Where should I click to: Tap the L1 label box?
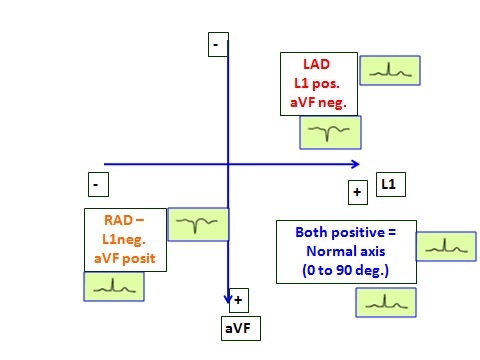[x=389, y=184]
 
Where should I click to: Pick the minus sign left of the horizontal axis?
[x=96, y=184]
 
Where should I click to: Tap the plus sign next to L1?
[x=357, y=190]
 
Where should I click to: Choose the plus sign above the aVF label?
[x=238, y=299]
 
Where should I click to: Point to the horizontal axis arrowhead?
[x=354, y=164]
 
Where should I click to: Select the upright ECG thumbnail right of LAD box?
[x=388, y=70]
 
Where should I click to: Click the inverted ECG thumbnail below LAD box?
[x=329, y=131]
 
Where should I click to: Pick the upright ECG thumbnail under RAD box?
[x=112, y=286]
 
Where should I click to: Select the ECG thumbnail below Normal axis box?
[x=385, y=301]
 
